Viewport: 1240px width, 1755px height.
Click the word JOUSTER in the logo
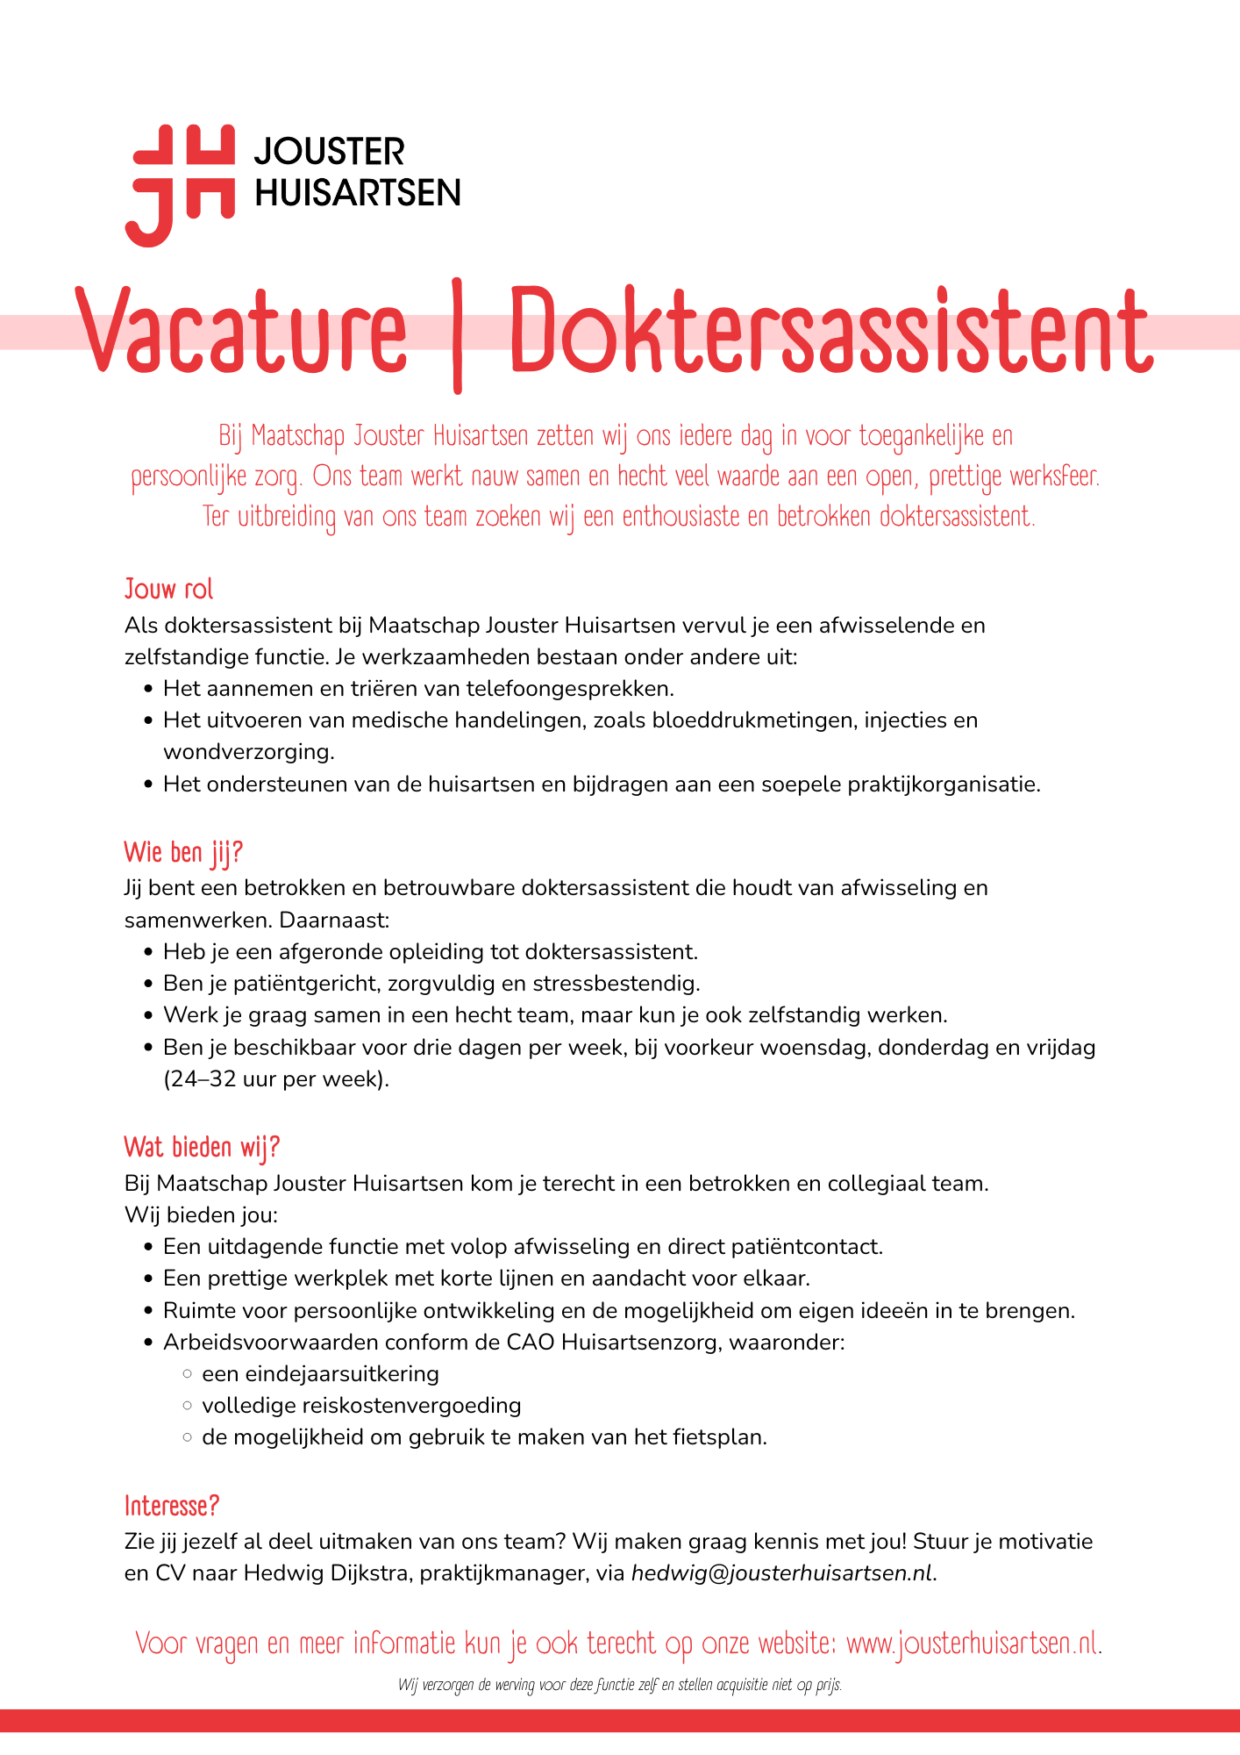point(329,152)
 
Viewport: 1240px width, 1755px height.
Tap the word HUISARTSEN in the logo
point(357,193)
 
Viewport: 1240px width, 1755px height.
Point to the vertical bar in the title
point(457,336)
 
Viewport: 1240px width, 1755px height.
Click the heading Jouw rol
point(168,589)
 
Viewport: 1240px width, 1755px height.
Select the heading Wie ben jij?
point(183,852)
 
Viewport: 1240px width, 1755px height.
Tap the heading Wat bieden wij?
point(202,1147)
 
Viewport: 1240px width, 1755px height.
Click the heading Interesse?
point(171,1506)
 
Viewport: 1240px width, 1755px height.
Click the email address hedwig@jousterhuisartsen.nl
point(782,1573)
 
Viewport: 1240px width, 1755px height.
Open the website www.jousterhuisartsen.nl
point(972,1644)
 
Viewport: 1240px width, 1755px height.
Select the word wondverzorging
point(248,752)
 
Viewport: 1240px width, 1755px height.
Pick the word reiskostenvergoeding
point(361,1406)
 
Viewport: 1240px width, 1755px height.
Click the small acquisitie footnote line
point(620,1685)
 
